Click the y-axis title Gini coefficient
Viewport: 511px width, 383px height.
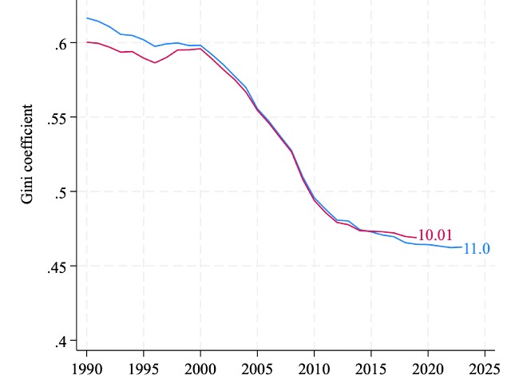[28, 152]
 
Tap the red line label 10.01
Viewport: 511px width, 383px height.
[435, 235]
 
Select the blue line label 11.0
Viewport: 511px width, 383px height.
[477, 249]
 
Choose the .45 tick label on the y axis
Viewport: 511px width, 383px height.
[58, 266]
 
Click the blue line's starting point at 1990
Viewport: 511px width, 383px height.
[87, 18]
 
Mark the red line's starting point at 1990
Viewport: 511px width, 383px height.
[87, 41]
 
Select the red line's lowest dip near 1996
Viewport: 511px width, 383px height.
[156, 62]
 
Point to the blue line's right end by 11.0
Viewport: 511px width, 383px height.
[461, 247]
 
